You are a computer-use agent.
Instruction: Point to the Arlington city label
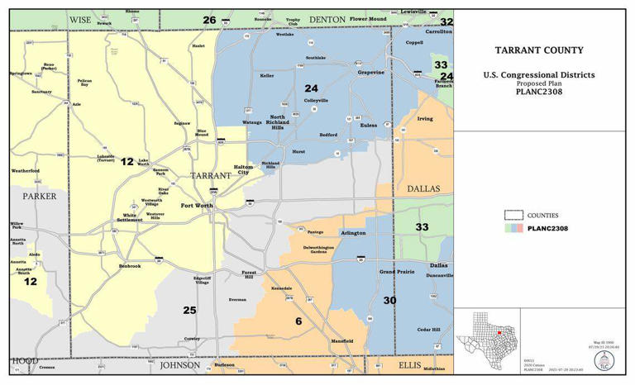(x=353, y=233)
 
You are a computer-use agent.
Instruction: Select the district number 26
(x=209, y=20)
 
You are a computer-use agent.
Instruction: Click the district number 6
(x=297, y=321)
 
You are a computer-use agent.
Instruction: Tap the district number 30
(x=389, y=300)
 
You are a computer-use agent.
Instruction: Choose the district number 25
(x=189, y=310)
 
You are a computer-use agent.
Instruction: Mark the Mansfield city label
(x=342, y=340)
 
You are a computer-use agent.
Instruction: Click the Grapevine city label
(x=370, y=72)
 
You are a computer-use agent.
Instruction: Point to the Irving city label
(x=424, y=118)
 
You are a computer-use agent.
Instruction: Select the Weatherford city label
(x=25, y=171)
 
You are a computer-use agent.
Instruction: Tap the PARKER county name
(x=40, y=196)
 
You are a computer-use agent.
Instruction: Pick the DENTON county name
(x=327, y=19)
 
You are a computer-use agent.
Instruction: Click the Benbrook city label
(x=131, y=266)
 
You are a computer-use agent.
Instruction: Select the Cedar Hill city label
(x=429, y=329)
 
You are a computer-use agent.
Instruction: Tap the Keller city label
(x=266, y=75)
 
